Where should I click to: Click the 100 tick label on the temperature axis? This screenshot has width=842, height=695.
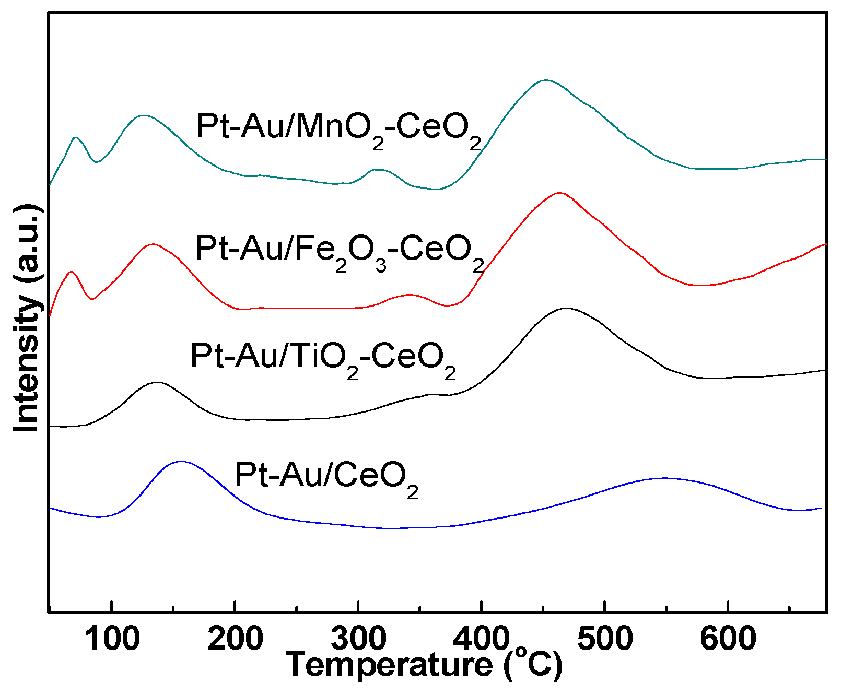(x=111, y=638)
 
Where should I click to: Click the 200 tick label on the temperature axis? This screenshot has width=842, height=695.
(x=235, y=638)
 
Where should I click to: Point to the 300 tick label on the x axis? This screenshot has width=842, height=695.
(x=358, y=638)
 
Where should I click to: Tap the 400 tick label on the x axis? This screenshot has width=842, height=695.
(x=481, y=638)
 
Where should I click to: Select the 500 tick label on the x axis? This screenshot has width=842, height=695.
(x=604, y=638)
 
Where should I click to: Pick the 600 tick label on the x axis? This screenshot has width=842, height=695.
(x=728, y=638)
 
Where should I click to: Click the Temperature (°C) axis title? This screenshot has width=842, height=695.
(x=424, y=665)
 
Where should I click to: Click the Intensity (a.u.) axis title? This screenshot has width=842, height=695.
(x=26, y=319)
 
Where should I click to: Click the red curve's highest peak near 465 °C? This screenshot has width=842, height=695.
(x=559, y=193)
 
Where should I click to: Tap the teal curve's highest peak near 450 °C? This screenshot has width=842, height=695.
(x=546, y=80)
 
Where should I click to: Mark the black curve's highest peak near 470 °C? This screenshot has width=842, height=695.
(x=566, y=308)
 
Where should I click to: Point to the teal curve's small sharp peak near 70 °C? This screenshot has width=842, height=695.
(x=76, y=137)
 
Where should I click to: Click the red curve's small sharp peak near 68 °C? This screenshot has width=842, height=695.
(x=72, y=272)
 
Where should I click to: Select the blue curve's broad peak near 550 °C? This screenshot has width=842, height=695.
(x=663, y=478)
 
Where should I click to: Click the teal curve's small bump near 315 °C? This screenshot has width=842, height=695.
(x=378, y=170)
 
